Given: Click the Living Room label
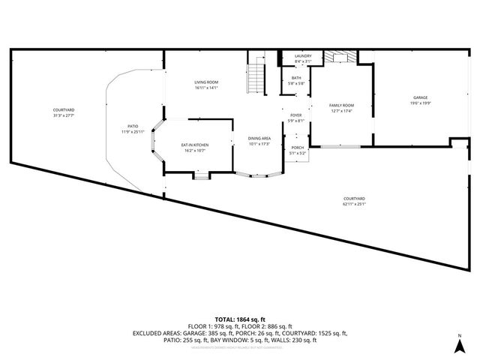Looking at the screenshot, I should [205, 85].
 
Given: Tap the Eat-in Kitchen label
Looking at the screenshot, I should [194, 147].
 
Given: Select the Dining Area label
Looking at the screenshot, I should [259, 140].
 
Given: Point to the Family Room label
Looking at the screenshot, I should [341, 108].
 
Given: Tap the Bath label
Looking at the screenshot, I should [296, 80].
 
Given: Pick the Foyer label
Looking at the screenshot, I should [296, 118].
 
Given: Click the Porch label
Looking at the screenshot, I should [298, 150].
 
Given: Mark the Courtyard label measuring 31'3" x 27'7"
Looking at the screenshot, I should [64, 113].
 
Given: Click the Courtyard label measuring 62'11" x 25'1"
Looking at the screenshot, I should [358, 200].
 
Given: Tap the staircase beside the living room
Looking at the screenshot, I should [257, 74].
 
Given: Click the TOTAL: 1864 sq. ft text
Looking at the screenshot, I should [240, 319].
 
